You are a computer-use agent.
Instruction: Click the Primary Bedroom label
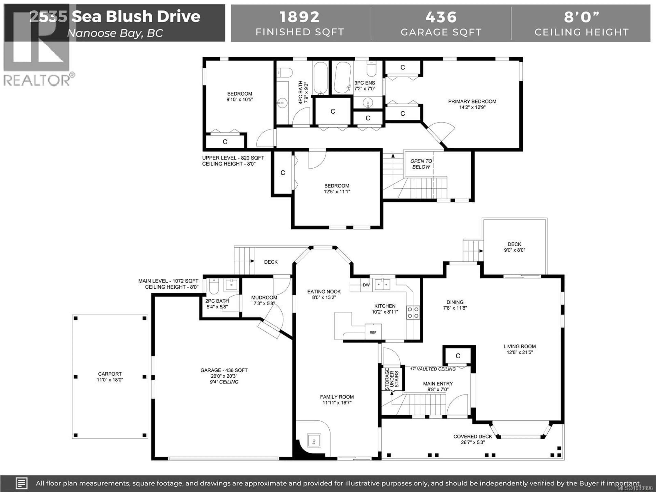pos(472,101)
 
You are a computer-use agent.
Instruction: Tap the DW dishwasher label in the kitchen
pos(366,285)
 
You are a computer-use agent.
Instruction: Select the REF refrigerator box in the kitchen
pos(373,332)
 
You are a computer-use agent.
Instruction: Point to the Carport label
pos(110,374)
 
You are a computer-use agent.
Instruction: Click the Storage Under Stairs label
pos(392,379)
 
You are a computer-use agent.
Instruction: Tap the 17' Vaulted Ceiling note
pos(433,369)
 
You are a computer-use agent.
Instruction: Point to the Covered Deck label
pos(473,436)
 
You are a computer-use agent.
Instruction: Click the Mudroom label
pos(264,297)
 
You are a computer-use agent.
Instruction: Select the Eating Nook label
pos(324,291)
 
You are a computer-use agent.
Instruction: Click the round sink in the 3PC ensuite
pos(368,103)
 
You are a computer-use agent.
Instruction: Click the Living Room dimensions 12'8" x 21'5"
pos(520,352)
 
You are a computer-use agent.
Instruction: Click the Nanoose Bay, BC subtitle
pos(115,33)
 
